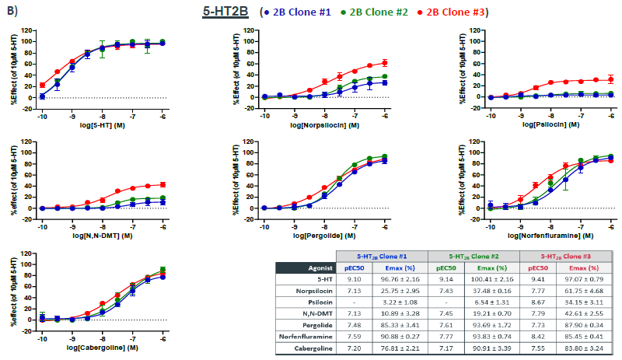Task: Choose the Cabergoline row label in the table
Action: tap(310, 349)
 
